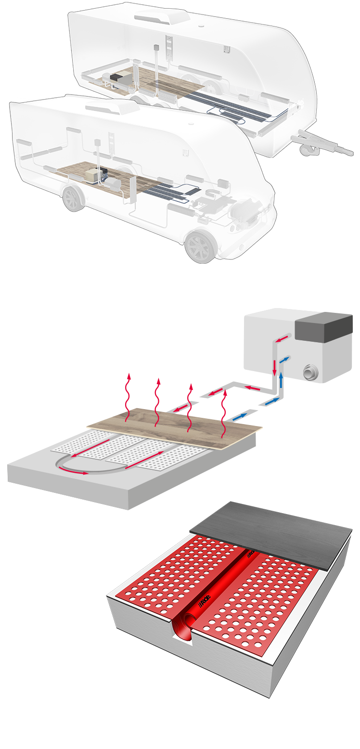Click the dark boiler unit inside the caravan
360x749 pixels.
[116, 77]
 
